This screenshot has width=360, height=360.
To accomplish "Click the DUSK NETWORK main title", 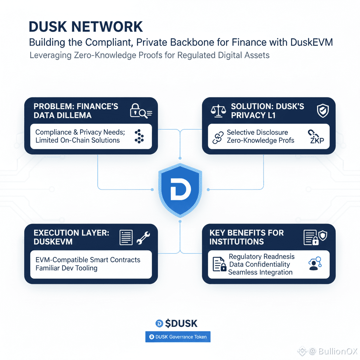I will (86, 27).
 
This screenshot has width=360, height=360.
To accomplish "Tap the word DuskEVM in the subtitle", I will (311, 43).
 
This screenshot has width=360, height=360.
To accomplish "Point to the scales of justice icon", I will (218, 111).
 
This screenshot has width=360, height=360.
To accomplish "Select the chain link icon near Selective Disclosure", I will (218, 137).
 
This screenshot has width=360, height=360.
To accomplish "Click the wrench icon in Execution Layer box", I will (143, 237).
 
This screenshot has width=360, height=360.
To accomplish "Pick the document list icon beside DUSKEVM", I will (126, 237).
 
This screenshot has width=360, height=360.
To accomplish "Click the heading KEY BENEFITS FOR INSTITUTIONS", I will (246, 237).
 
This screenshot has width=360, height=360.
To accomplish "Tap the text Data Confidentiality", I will (259, 264).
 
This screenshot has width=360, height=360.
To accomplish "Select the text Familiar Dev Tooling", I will (66, 268).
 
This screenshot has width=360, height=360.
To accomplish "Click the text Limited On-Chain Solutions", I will (77, 140).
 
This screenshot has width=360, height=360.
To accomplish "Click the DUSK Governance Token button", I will (178, 337).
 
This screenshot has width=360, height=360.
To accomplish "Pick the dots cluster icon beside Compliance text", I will (139, 136).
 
